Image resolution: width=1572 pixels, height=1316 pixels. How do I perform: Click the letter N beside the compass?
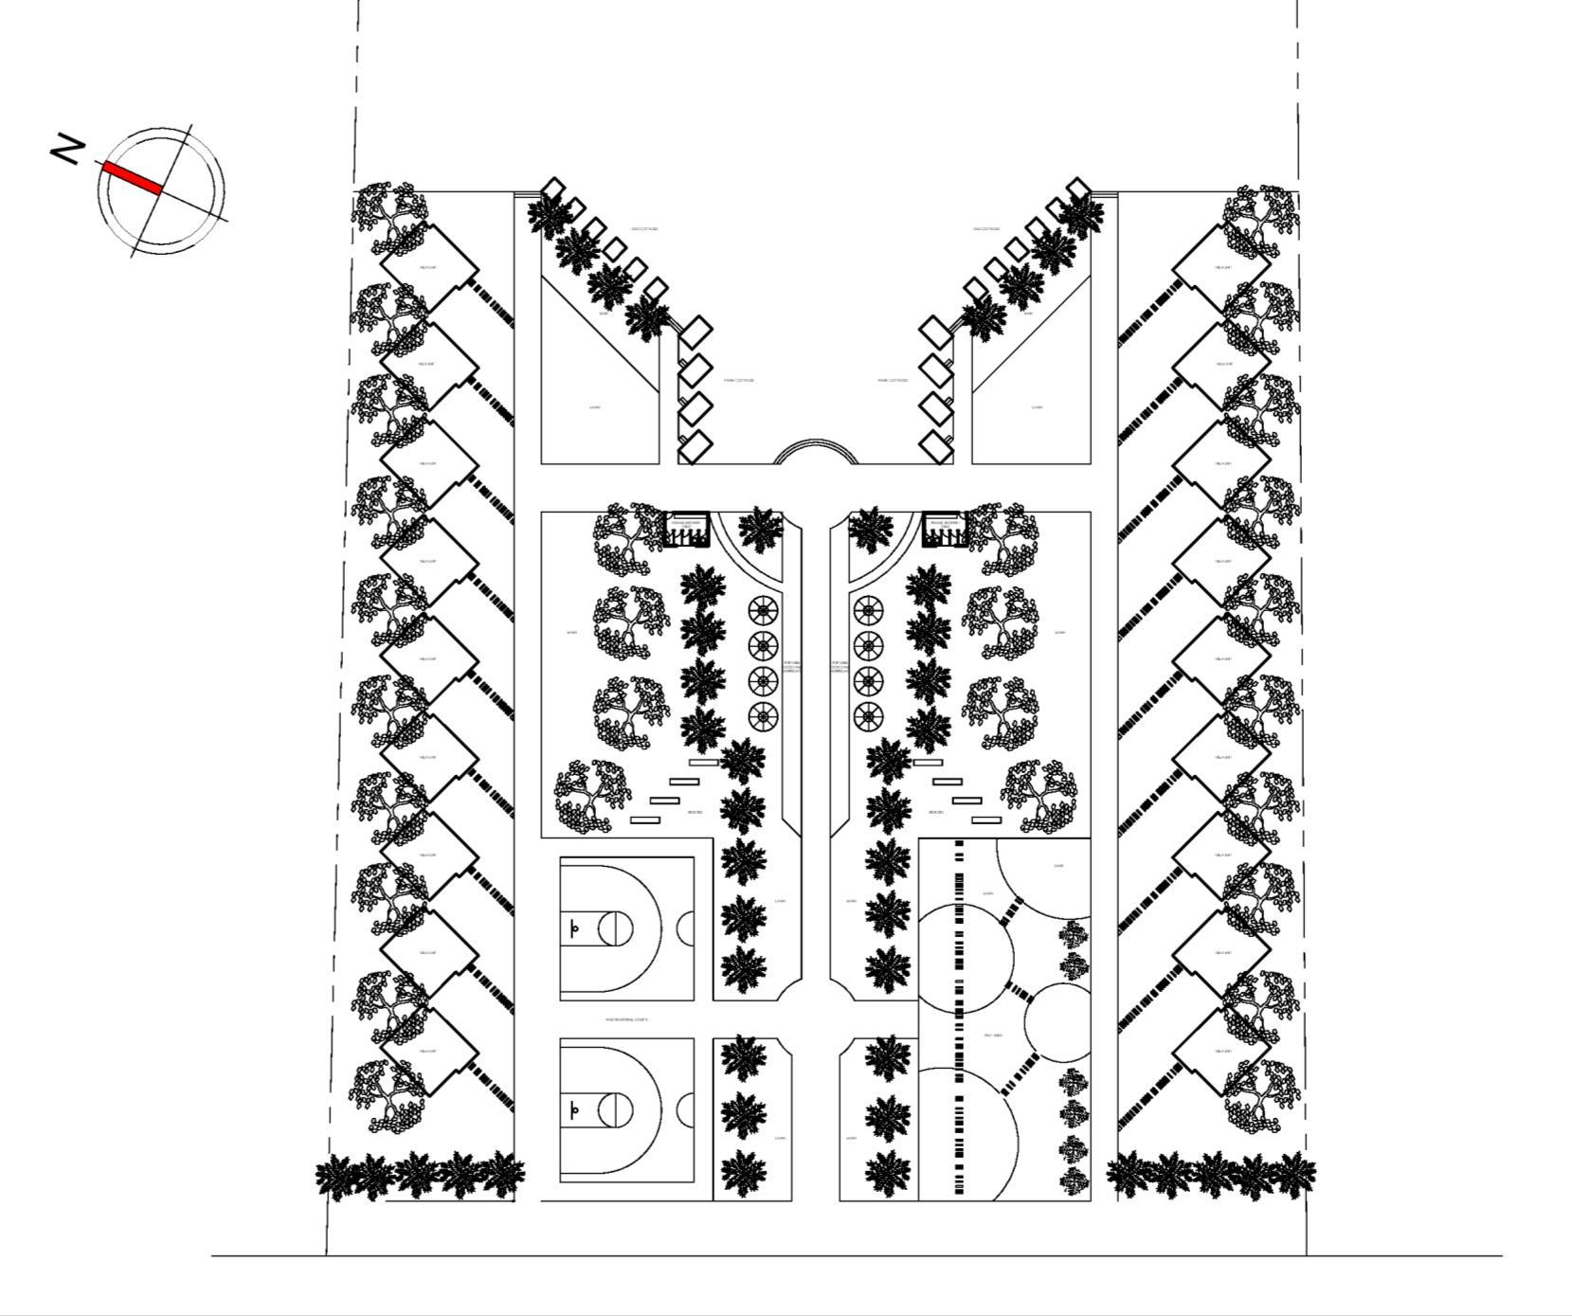[x=67, y=150]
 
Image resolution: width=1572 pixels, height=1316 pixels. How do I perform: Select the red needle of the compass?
[x=132, y=177]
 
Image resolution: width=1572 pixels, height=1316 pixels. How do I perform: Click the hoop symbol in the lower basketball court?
[x=573, y=1109]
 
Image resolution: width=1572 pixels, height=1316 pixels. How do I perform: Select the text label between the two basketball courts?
[x=626, y=1019]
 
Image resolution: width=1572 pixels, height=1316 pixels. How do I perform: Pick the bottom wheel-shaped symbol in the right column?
[x=868, y=716]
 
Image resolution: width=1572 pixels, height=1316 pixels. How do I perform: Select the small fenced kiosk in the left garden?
[x=688, y=532]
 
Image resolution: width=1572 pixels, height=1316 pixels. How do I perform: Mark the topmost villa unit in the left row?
[x=428, y=267]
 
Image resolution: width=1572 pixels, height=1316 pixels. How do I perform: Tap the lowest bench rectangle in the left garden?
[x=645, y=820]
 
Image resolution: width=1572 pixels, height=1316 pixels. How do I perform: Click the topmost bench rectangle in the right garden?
[x=928, y=762]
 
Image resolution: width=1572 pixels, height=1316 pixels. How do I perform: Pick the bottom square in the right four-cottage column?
[x=937, y=446]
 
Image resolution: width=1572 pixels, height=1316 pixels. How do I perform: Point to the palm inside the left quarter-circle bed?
[x=760, y=531]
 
